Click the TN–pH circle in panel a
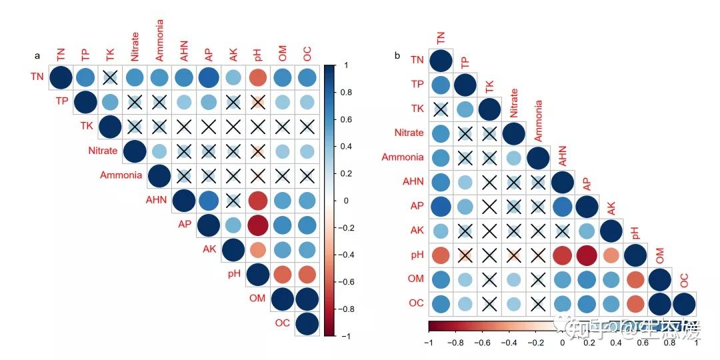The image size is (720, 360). [x=258, y=77]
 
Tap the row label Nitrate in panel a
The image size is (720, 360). [x=103, y=151]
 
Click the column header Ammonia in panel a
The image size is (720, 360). [x=160, y=40]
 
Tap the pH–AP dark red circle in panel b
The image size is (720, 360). [x=587, y=255]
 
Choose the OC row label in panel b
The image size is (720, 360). [x=415, y=303]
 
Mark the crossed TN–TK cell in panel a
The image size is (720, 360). [x=111, y=77]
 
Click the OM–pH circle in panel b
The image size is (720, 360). [x=636, y=279]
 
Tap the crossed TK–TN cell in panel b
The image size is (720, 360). [x=440, y=109]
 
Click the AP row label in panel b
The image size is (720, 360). [x=416, y=206]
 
